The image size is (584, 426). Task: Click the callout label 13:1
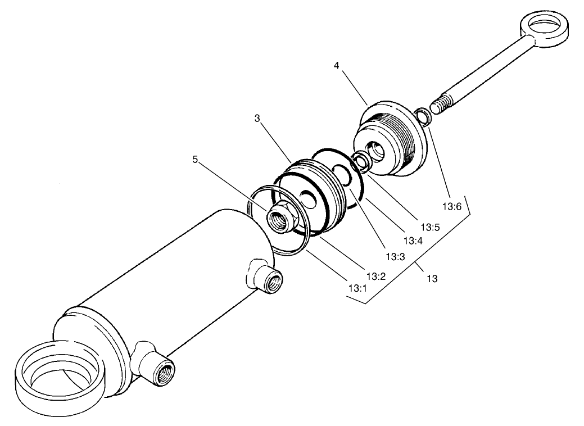357,288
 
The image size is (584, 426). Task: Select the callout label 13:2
375,276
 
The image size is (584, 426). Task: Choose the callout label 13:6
451,206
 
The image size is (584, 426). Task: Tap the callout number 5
194,159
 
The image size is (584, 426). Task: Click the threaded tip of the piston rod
441,105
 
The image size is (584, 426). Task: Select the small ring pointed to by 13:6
422,117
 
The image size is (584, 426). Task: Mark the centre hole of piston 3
306,198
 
